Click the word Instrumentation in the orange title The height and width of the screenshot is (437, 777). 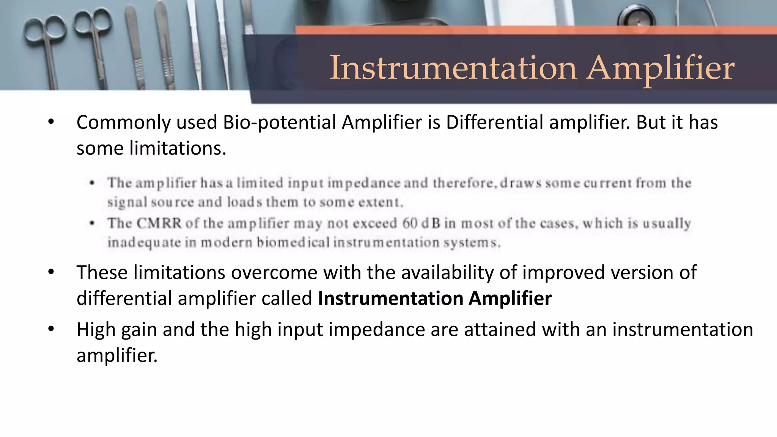[453, 68]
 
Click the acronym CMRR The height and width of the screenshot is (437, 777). [159, 223]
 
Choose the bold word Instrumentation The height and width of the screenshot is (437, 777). [391, 298]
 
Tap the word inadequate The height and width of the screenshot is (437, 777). [144, 242]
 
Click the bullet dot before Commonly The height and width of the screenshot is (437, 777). [51, 122]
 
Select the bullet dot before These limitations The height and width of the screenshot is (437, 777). [51, 272]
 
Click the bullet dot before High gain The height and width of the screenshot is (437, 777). [51, 329]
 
